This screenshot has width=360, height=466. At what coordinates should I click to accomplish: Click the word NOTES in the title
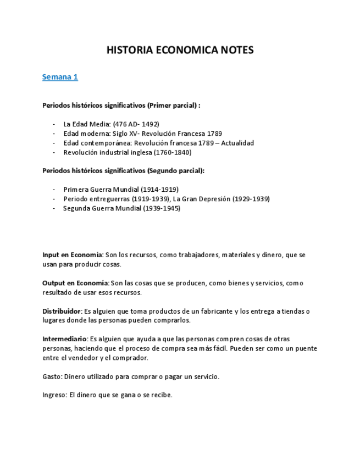[237, 51]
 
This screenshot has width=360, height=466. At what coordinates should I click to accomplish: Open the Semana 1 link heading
[60, 77]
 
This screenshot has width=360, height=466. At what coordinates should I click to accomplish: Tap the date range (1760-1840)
[173, 152]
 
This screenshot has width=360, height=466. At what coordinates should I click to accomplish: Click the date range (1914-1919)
[159, 190]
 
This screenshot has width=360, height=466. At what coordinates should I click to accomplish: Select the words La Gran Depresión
[202, 199]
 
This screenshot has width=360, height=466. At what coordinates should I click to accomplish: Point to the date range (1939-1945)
[162, 208]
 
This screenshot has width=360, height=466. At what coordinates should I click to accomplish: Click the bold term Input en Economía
[72, 255]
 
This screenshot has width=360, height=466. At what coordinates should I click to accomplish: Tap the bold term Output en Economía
[75, 283]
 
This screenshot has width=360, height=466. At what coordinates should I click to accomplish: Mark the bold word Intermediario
[64, 339]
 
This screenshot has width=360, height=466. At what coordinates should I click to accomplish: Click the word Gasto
[52, 376]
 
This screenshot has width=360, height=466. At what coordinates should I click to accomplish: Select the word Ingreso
[54, 395]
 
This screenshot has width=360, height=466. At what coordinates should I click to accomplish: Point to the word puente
[306, 348]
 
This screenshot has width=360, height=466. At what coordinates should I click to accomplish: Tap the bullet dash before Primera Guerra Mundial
[54, 190]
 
